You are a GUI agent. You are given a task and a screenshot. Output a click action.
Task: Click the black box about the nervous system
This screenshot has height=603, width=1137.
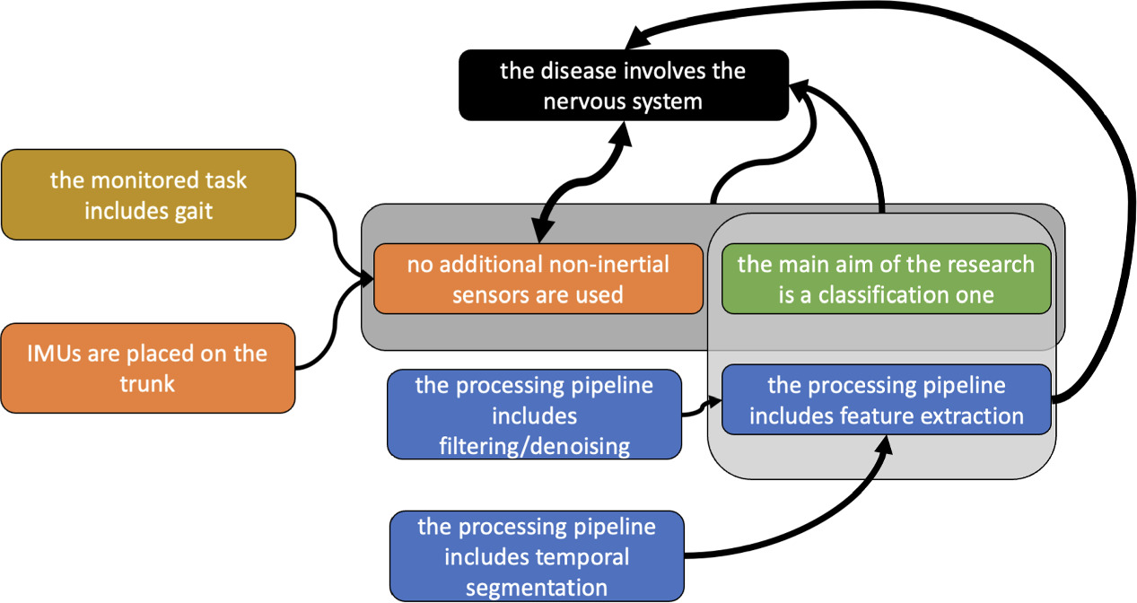pos(624,85)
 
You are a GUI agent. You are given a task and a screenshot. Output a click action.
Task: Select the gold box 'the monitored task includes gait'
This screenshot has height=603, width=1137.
pos(149,194)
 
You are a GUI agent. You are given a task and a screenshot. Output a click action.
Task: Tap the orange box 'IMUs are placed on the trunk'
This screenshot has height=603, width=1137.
pos(149,368)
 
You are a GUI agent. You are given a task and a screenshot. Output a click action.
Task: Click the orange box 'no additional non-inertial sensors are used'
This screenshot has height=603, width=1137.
pos(538,278)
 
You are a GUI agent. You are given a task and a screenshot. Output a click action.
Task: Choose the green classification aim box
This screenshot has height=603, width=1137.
pos(886,278)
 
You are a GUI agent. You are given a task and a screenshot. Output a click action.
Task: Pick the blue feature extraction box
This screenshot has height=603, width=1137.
pos(886,400)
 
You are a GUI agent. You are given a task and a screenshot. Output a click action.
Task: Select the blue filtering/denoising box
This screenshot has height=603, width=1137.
pos(534,415)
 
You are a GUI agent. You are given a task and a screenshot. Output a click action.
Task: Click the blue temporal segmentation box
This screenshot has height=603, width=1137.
pos(536,556)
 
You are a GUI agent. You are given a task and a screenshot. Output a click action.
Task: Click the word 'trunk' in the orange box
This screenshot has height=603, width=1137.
pos(148,383)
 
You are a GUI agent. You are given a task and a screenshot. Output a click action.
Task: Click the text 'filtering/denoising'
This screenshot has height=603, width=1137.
pos(534,445)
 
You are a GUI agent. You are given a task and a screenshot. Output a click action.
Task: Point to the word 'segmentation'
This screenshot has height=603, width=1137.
pos(536,587)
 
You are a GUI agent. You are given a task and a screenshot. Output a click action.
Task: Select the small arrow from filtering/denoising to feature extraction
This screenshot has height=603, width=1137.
pos(702,409)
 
